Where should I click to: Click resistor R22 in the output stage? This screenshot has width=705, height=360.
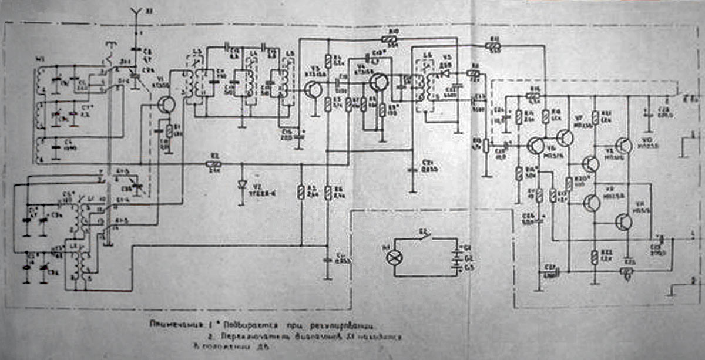(595, 257)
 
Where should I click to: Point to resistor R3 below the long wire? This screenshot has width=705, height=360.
(301, 191)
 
